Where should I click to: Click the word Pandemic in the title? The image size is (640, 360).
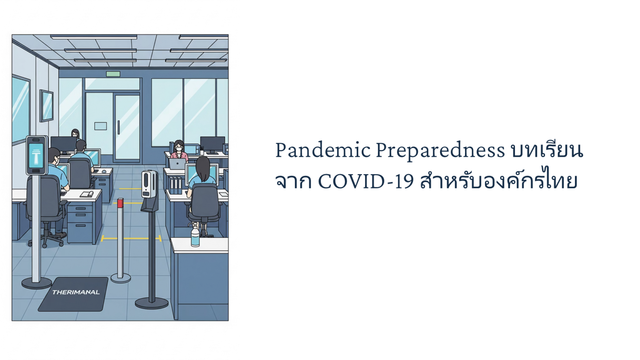coord(323,150)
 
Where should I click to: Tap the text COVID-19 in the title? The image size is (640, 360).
coord(366,182)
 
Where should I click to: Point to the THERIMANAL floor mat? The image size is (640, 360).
coord(73,294)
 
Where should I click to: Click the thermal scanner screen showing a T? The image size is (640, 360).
coord(36,156)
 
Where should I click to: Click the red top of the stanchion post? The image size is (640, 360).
coord(120,203)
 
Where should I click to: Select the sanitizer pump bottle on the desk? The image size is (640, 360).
coord(195,235)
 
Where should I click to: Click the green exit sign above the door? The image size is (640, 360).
coord(113,74)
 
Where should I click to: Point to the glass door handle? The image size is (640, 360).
coord(118,127)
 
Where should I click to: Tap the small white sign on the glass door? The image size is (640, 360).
coord(100,126)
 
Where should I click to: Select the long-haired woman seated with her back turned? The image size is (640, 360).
coord(202,177)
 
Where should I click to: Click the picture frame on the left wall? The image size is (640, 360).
coord(46,106)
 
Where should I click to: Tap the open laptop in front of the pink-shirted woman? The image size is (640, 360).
coord(177,164)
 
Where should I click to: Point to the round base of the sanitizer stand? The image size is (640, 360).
coord(152,303)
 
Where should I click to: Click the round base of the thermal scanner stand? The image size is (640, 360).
coord(37,283)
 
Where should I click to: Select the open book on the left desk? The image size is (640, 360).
coord(87,194)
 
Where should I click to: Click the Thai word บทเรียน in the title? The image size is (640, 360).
coord(547,150)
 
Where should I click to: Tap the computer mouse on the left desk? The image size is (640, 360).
coord(104,171)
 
